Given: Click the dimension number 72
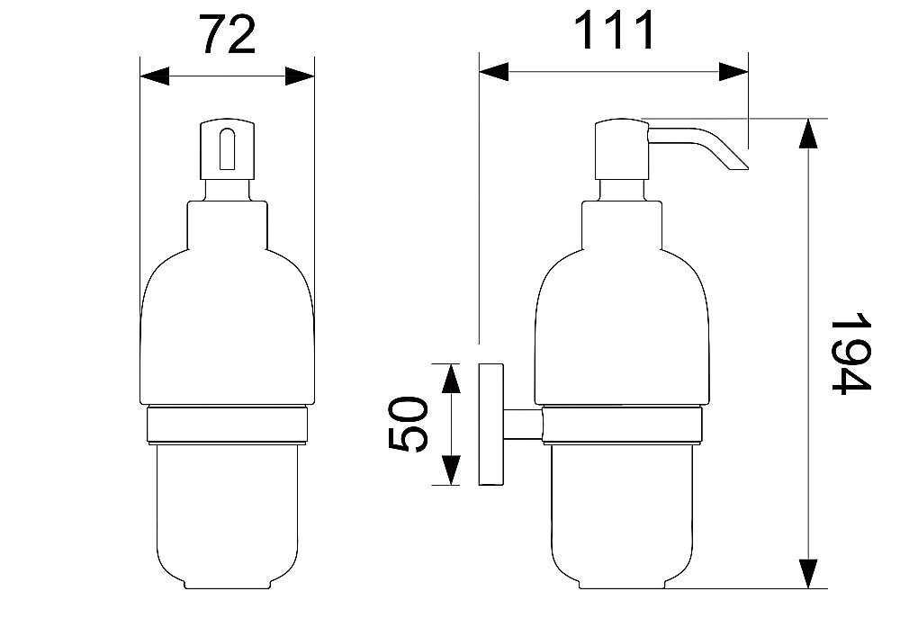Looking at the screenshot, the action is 228,34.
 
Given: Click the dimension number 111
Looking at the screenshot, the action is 614,30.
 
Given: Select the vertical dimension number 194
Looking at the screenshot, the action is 851,354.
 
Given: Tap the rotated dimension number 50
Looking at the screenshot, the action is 408,424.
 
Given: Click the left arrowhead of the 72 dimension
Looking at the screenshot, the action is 155,76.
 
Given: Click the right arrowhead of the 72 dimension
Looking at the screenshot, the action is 300,76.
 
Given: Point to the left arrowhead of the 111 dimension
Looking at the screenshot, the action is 493,72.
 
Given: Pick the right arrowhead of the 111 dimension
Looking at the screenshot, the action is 733,72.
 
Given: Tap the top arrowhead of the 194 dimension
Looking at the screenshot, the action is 808,133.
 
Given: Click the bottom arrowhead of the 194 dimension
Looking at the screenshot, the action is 808,574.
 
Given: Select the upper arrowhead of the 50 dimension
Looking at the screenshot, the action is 452,379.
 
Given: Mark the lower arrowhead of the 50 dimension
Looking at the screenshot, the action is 452,470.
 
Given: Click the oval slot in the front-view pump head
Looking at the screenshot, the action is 228,149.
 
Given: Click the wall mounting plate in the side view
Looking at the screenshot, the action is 491,425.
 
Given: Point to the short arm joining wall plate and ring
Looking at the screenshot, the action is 523,425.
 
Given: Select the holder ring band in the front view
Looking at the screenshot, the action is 228,425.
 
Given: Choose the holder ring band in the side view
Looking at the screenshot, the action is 623,425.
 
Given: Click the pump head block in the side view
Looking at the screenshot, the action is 623,149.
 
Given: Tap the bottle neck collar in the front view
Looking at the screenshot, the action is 228,225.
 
